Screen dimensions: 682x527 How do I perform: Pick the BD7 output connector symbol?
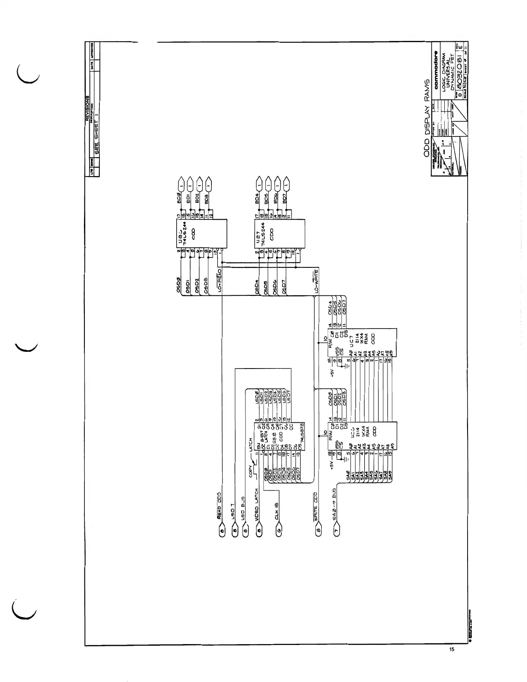coord(286,185)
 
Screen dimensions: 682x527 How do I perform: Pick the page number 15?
coord(451,650)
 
